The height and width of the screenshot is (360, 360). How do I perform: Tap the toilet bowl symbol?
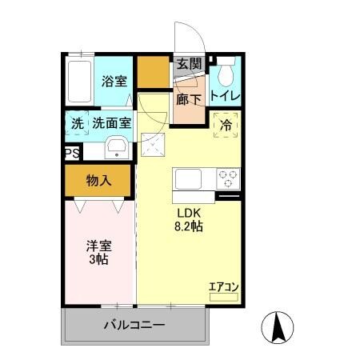coord(225,74)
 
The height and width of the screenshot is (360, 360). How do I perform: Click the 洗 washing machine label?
coord(77,124)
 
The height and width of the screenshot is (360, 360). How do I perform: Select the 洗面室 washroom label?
coord(110,124)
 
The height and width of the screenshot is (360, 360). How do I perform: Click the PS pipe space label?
coord(71,153)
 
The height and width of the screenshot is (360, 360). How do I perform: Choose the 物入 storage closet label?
coord(98,181)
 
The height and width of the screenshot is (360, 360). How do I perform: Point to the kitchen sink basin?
coord(189,178)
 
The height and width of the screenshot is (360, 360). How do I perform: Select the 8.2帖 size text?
coord(190,227)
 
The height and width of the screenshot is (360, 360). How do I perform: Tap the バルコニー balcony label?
coord(134,326)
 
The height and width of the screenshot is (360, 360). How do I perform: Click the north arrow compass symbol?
coord(279,326)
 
